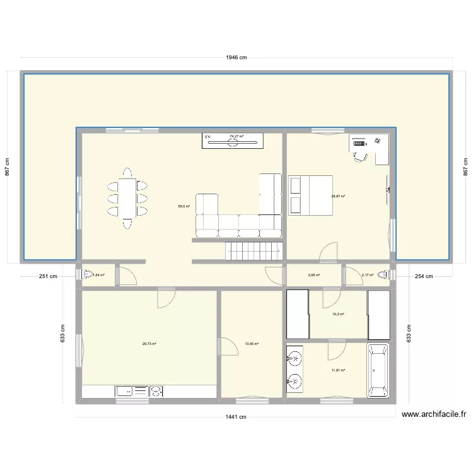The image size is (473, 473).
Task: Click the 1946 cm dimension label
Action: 237,57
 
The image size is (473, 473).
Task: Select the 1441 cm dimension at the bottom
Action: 237,417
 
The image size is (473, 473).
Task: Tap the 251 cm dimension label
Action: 47,276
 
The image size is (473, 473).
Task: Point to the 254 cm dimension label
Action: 423,276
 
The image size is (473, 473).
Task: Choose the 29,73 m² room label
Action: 149,344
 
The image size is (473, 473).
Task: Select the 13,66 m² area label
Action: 252,344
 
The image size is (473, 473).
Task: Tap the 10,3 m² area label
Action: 338,313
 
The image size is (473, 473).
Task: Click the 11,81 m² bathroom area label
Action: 338,370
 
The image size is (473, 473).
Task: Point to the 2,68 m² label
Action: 314,275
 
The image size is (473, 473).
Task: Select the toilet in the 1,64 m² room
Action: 85,274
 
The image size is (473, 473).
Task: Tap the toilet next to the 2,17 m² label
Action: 385,274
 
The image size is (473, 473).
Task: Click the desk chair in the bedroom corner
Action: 360,156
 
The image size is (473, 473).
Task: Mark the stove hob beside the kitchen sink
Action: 155,392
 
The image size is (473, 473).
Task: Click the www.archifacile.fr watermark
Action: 435,414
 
